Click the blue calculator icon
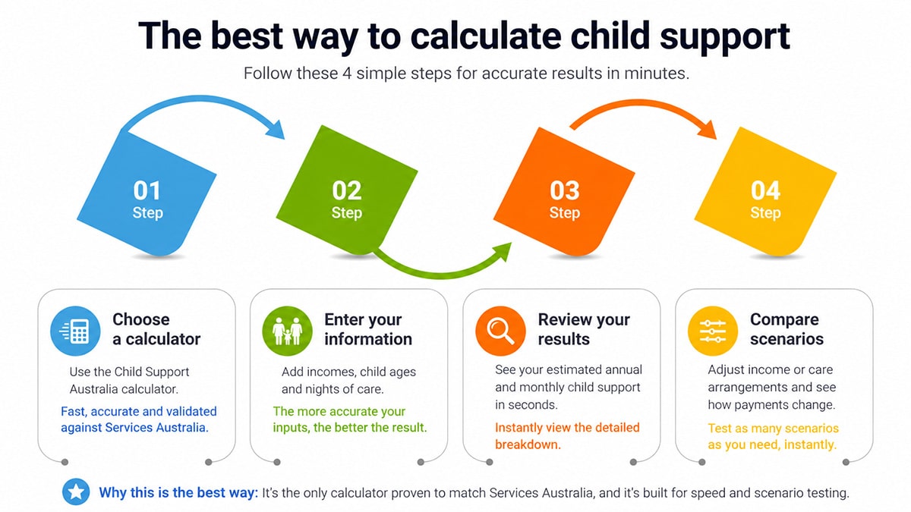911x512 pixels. point(75,331)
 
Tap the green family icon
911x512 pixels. point(288,331)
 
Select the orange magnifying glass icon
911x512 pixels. point(500,331)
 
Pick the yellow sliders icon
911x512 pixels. point(713,331)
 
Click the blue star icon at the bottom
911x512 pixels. point(76,492)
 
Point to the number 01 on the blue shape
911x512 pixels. point(147,190)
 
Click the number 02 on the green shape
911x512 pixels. point(346,190)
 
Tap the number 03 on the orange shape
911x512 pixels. point(564,190)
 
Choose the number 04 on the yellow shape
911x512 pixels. point(765,190)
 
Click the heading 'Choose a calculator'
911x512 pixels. point(156,329)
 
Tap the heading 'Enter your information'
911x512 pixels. point(368,329)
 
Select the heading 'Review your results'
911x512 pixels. point(584,329)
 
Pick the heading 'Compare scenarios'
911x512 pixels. point(786,329)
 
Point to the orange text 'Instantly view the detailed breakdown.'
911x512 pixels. point(567,435)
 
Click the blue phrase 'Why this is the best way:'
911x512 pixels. point(178,493)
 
